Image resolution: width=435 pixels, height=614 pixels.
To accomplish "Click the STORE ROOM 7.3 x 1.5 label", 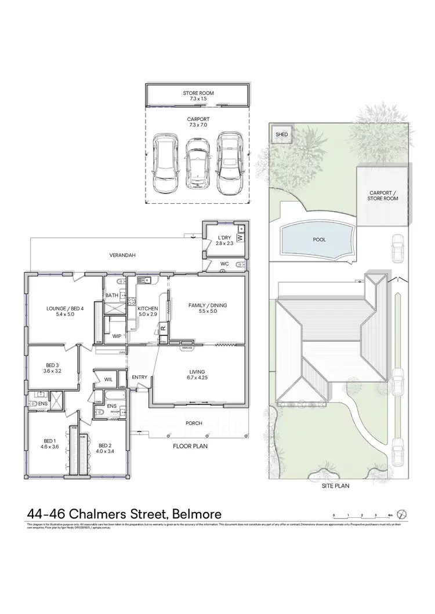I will (199, 96).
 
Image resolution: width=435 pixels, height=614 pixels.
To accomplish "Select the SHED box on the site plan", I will (282, 135).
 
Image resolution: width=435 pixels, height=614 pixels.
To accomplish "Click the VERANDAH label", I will (124, 255).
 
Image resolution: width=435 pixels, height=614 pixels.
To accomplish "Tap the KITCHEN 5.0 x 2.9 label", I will (147, 311).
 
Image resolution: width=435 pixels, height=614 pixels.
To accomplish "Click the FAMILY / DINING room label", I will (207, 308).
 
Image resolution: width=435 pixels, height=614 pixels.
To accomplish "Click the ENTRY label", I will (139, 377).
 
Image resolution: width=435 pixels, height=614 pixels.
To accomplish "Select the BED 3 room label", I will (52, 368).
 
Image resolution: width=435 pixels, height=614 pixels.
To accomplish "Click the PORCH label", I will (193, 423).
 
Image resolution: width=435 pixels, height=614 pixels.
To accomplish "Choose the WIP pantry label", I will (116, 335).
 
